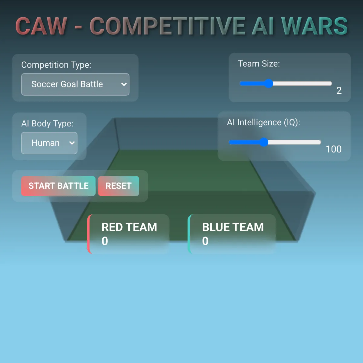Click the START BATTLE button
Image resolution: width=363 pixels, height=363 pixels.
(x=58, y=186)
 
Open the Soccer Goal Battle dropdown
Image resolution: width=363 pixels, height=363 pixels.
(x=75, y=84)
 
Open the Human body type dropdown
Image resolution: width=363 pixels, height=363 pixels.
(x=49, y=143)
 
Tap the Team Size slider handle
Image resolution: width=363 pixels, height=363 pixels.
(x=269, y=83)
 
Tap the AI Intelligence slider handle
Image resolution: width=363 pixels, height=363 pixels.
(x=264, y=142)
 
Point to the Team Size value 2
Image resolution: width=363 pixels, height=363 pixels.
(x=339, y=91)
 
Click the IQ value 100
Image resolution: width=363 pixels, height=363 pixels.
(x=334, y=149)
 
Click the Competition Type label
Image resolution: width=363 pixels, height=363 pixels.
(x=56, y=65)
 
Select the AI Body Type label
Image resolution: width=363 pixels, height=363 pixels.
(x=47, y=124)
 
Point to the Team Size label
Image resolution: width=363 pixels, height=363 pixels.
(x=259, y=64)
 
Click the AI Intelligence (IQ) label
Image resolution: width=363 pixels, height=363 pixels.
(x=263, y=123)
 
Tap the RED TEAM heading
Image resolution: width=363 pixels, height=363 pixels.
(x=129, y=227)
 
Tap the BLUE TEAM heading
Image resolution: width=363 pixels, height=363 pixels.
(x=233, y=227)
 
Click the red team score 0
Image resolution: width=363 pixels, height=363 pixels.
(x=105, y=241)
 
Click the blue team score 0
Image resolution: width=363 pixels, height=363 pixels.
(x=205, y=241)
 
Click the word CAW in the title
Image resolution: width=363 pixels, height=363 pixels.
(x=41, y=26)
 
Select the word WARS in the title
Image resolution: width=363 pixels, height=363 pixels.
(x=315, y=26)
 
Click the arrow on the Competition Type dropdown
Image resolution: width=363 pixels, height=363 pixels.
(x=124, y=84)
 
